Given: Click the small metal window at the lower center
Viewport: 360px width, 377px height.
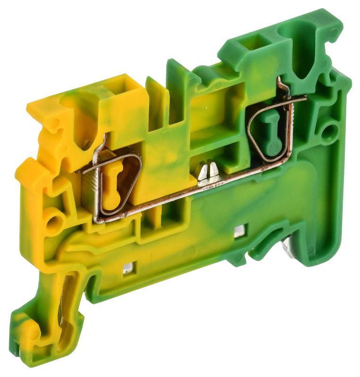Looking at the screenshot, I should coord(239,231).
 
